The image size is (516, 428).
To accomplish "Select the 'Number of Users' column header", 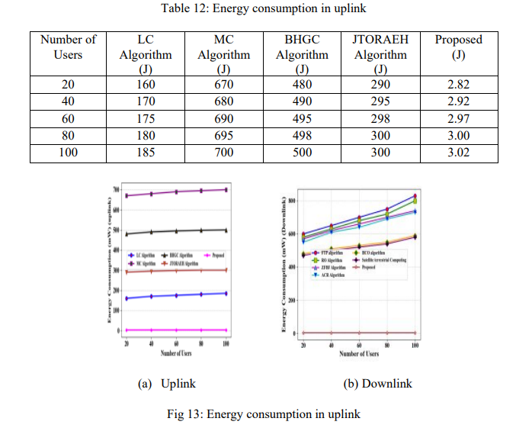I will point(68,47).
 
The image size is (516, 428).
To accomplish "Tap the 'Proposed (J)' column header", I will point(458,47).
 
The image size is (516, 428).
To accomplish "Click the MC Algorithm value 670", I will point(223,85).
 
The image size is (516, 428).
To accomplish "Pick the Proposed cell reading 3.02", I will point(458,153).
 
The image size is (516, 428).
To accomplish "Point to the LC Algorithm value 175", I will point(146,119).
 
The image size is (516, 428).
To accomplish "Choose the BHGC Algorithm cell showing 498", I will point(302,136).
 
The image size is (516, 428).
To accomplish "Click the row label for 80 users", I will point(68,136).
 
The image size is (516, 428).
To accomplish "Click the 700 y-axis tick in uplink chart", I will point(117,188).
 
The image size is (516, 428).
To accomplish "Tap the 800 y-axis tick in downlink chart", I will point(292,201).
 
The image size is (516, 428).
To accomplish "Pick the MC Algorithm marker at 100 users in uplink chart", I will point(226,189).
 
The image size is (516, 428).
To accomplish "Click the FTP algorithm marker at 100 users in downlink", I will point(415,196).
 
